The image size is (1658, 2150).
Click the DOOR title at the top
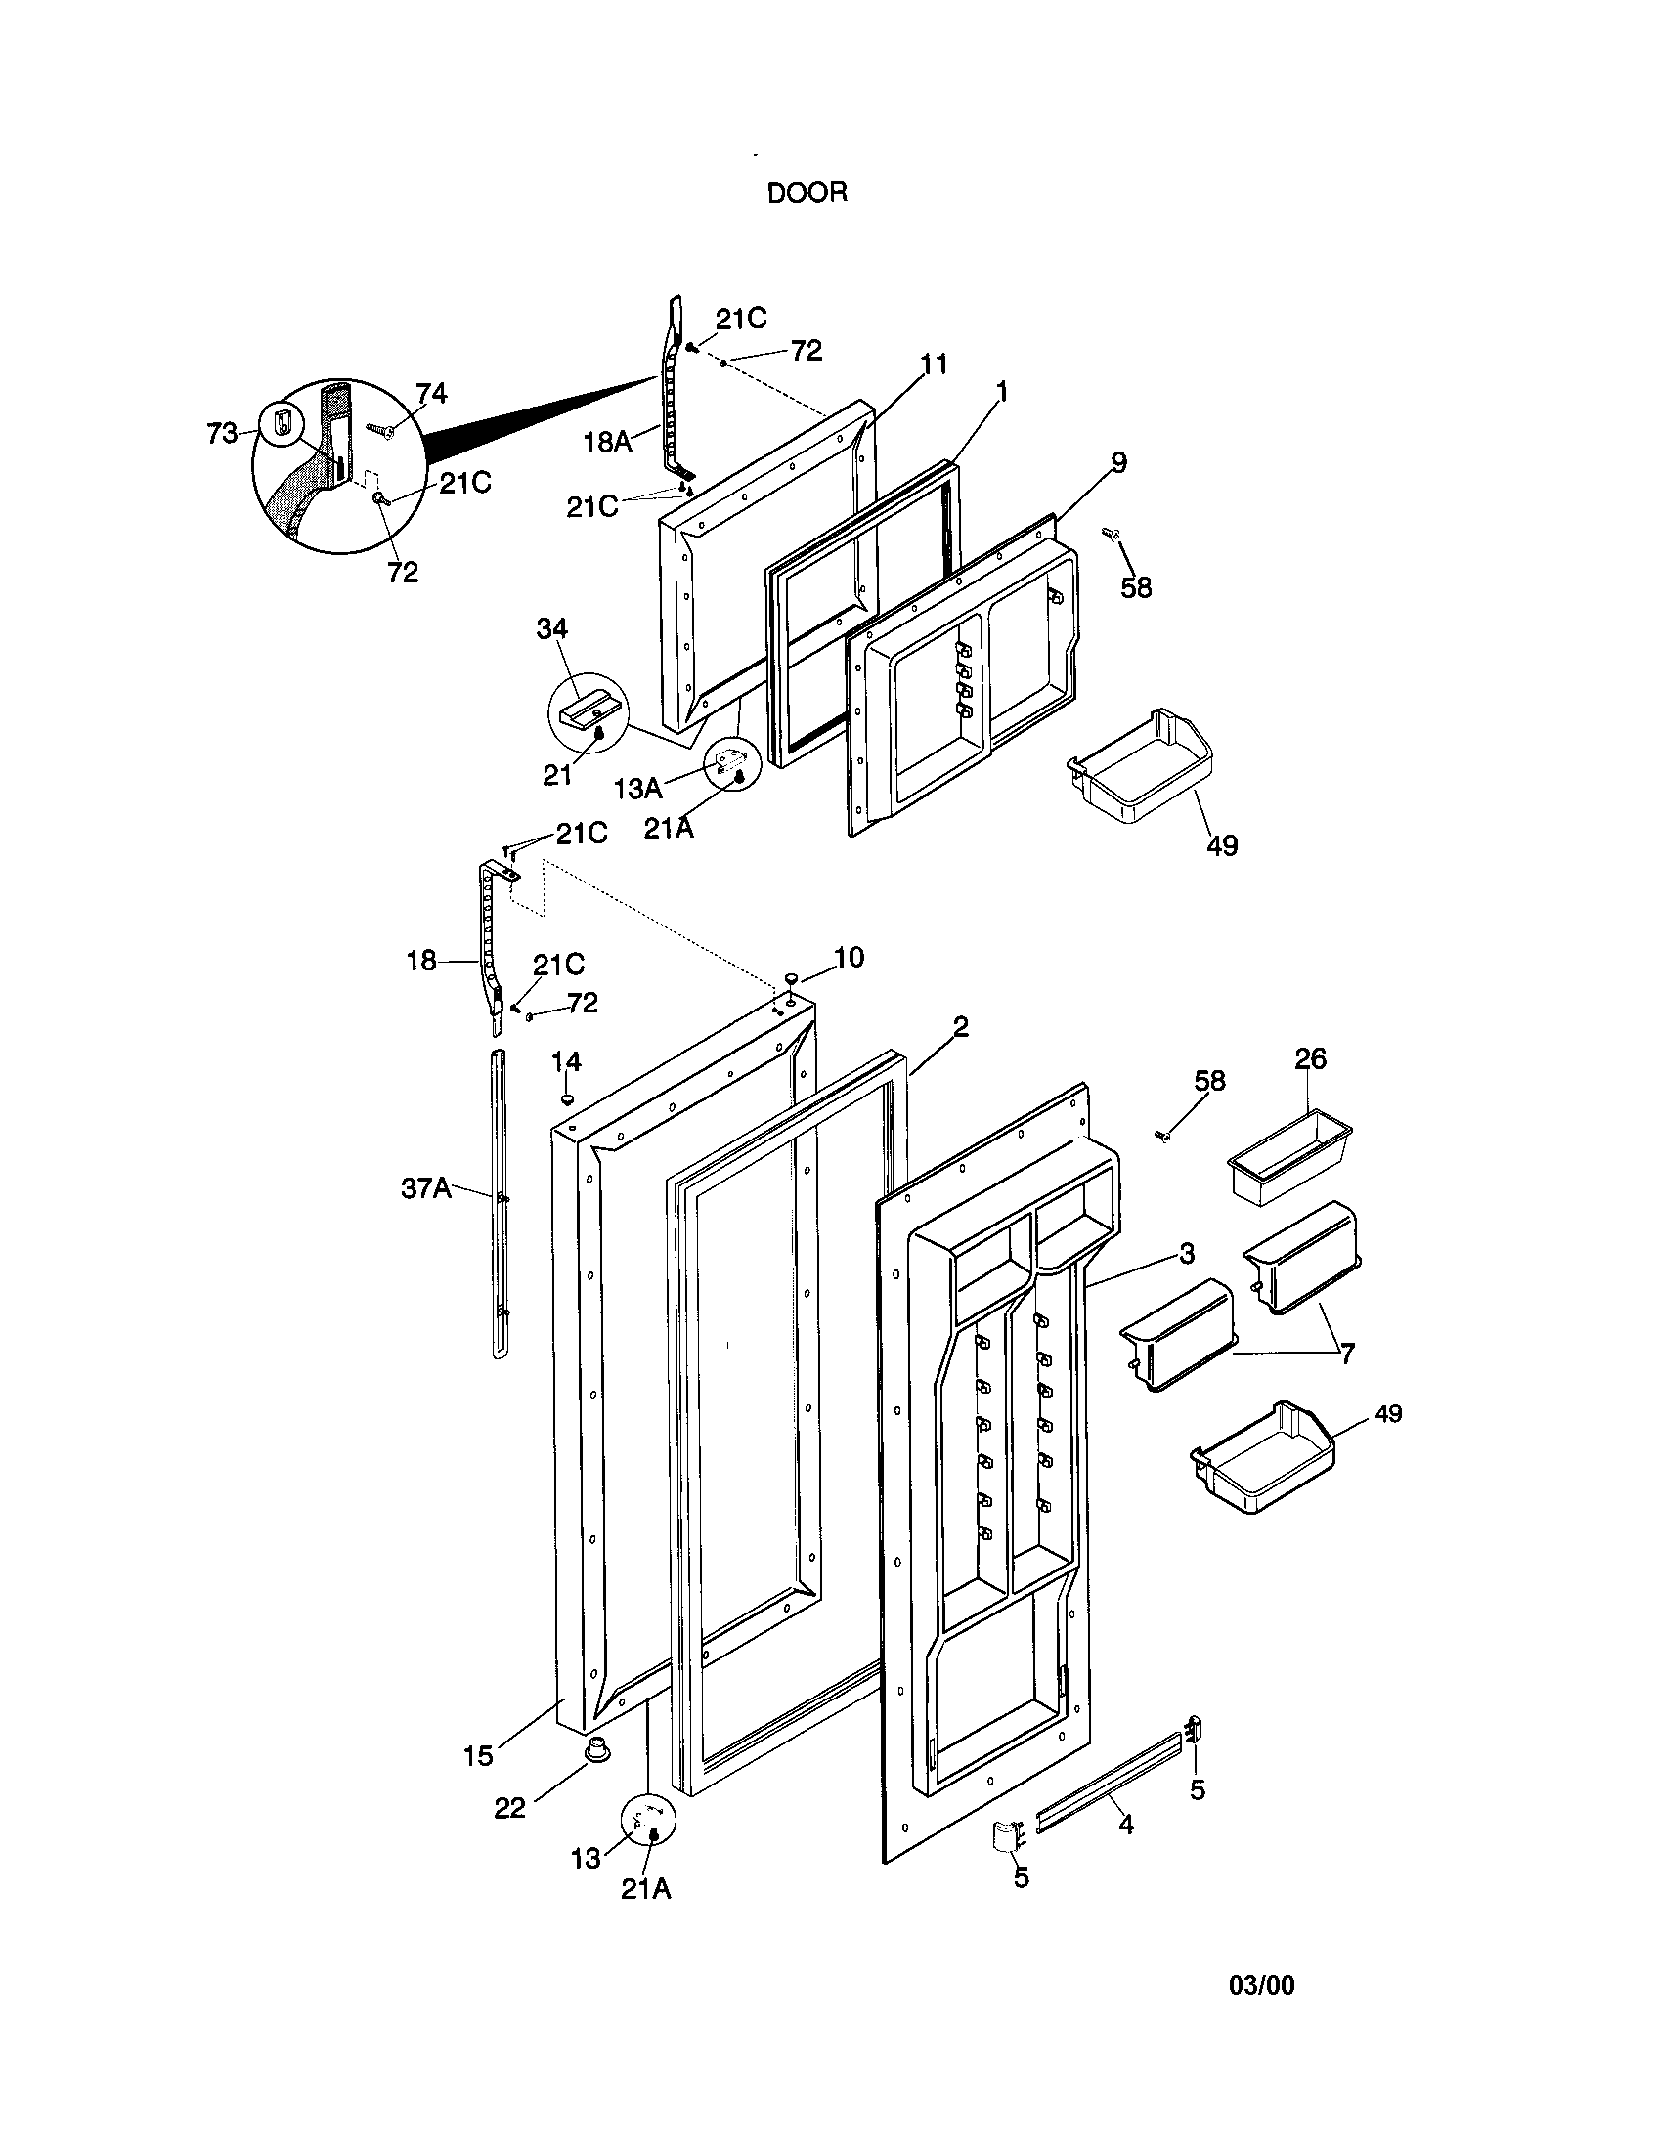[x=807, y=193]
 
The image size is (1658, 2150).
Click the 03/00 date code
[x=1261, y=1986]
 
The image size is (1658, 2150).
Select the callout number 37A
[x=425, y=1188]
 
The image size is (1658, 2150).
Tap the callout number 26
[x=1309, y=1058]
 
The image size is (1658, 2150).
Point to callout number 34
[x=551, y=628]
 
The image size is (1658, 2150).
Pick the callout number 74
[x=430, y=394]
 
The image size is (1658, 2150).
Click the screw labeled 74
[x=380, y=428]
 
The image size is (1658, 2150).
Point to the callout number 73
[x=223, y=432]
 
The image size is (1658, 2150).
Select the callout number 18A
[x=607, y=442]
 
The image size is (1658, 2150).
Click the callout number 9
[x=1118, y=462]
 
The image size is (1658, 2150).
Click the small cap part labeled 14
[x=568, y=1097]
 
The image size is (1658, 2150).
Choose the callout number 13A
[x=638, y=788]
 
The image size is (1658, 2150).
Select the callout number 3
[x=1187, y=1253]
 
